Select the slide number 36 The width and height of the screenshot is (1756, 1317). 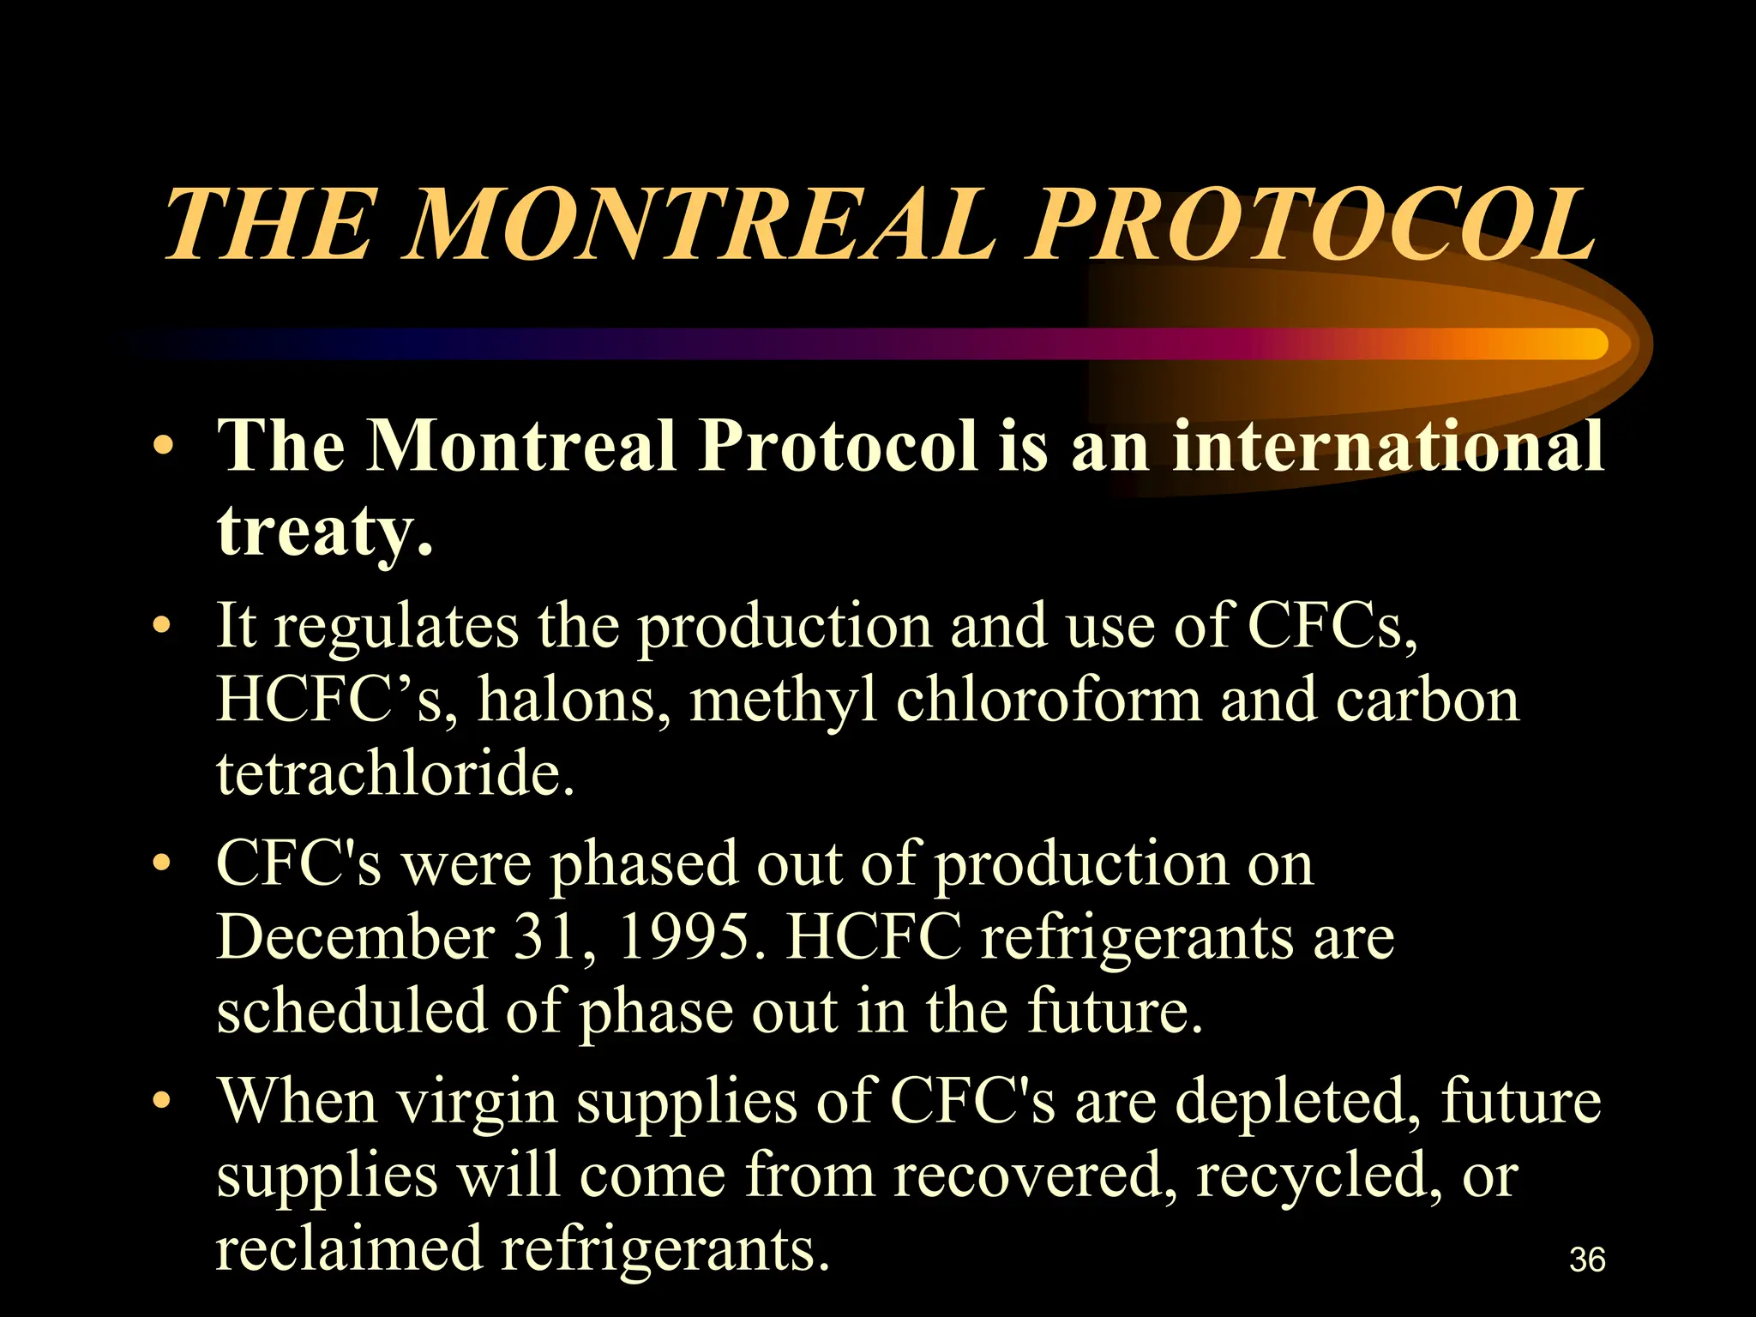[x=1587, y=1260]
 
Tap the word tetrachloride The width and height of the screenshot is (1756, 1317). [x=394, y=773]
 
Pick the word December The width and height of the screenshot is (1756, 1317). [x=356, y=936]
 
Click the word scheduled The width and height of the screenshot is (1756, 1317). [x=351, y=1010]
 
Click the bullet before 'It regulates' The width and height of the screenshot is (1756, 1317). [x=161, y=627]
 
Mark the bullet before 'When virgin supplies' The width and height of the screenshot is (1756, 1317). [x=161, y=1101]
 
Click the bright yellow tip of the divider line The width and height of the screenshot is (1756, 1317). [x=1586, y=344]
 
